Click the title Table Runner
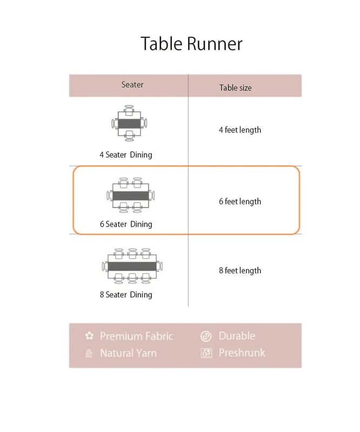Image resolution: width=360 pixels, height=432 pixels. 191,44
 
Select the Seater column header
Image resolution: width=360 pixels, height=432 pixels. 132,85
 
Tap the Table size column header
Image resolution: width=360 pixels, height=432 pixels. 235,87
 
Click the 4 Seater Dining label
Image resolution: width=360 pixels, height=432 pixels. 126,154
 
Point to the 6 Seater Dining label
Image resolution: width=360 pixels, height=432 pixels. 126,224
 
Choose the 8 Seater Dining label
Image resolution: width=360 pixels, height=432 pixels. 126,294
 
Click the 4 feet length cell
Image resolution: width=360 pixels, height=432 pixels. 239,130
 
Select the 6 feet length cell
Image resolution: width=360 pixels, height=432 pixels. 239,201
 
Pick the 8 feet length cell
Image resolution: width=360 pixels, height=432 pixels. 239,271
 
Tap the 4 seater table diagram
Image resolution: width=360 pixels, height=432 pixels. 129,124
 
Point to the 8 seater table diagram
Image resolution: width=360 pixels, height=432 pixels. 132,266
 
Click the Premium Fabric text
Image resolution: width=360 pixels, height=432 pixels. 136,336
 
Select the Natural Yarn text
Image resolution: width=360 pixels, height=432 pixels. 128,353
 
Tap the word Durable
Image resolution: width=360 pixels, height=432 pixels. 236,336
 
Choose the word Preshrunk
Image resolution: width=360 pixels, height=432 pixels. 242,353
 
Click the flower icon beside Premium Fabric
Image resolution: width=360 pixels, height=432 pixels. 89,336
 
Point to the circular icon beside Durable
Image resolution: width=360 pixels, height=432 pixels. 206,336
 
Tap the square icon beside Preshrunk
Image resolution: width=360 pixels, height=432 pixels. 206,353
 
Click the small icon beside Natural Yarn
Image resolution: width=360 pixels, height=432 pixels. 89,354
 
